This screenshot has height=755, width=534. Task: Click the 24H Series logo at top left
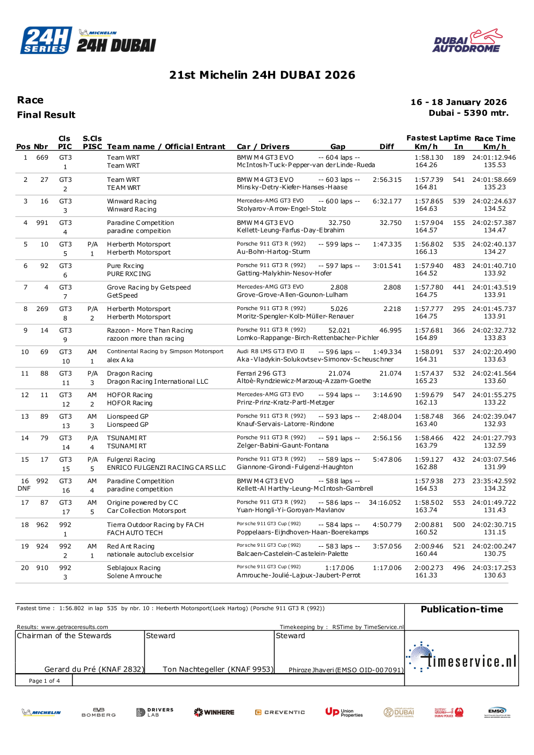coord(46,40)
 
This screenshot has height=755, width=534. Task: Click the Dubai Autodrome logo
coord(467,41)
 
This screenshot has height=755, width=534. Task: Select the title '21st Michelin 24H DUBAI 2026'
coord(262,75)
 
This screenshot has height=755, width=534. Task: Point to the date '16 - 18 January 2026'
coord(458,102)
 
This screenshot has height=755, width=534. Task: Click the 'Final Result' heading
coord(46,115)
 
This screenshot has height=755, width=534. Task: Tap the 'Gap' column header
coord(338,146)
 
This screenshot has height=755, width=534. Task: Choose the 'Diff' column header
coord(387,146)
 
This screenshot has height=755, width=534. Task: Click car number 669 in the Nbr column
coord(42,158)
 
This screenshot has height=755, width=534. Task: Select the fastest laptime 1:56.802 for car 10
coord(428,244)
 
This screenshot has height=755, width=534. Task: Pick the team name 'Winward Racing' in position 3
coord(131,201)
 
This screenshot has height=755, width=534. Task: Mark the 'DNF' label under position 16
coord(24,489)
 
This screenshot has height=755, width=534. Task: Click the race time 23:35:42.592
coord(494,481)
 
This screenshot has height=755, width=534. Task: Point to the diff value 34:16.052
coord(384,503)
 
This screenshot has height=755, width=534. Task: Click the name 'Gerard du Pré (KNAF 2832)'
coord(94,669)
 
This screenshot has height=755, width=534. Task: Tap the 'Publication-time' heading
coord(461,609)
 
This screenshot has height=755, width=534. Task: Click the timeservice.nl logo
coord(462,658)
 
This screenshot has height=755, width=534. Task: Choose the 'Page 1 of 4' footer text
coord(44,681)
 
